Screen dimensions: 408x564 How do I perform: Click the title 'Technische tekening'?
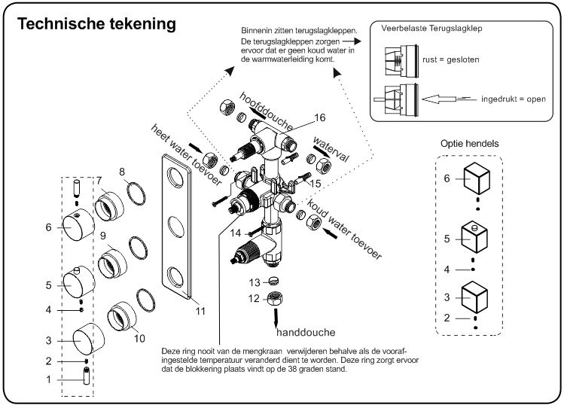tap(96, 24)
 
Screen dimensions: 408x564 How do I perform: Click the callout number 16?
tap(320, 117)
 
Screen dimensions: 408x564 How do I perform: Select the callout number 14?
tap(235, 233)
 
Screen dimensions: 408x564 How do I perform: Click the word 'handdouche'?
tap(305, 331)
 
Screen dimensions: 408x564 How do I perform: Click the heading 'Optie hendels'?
tap(471, 144)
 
